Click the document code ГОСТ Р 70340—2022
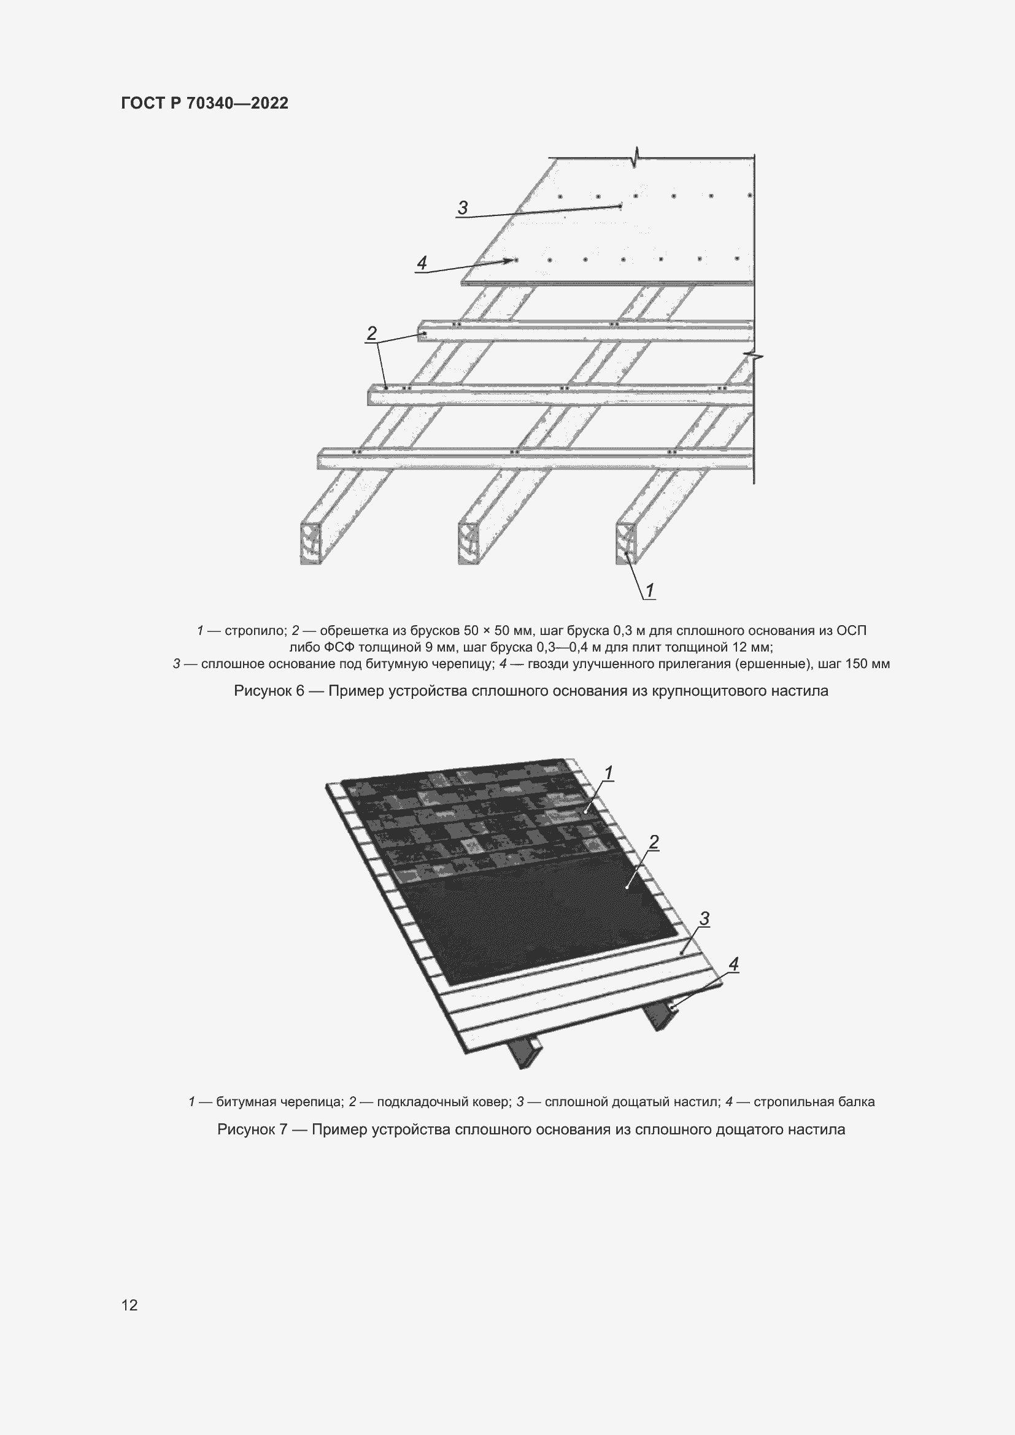pos(205,103)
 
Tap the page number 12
pos(129,1305)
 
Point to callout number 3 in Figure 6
pos(463,207)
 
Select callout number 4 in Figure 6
pos(422,263)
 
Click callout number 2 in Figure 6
pos(372,334)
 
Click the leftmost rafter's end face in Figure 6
pos(311,543)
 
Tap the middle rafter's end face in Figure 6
pos(468,543)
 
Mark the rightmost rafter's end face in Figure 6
pos(625,543)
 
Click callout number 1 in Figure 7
pos(608,772)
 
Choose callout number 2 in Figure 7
pos(654,842)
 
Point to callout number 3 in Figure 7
pos(704,918)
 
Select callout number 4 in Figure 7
pos(734,964)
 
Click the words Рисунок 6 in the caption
pos(268,691)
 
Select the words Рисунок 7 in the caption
pos(252,1130)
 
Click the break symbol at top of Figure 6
pos(636,158)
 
